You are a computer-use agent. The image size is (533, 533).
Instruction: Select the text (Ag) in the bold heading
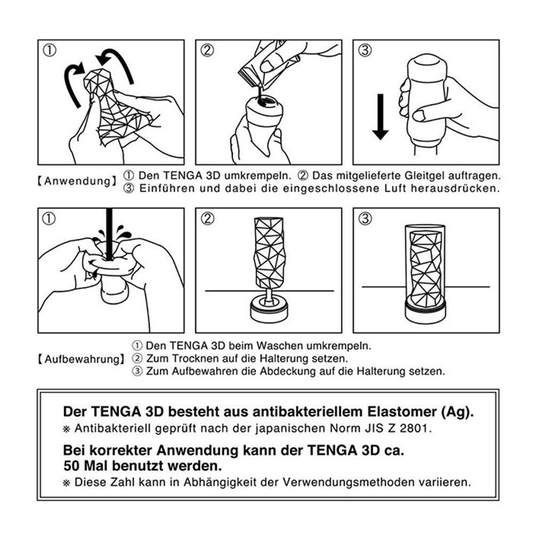(x=456, y=411)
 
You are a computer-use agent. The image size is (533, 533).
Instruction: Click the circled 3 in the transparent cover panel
(x=365, y=219)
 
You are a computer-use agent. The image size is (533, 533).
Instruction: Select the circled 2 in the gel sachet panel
(x=208, y=50)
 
